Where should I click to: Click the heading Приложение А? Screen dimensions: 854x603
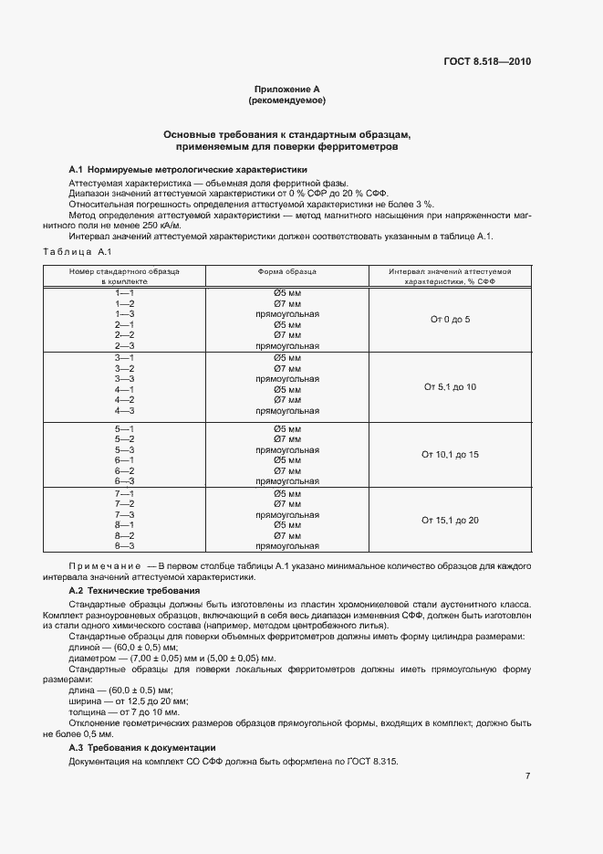pyautogui.click(x=287, y=90)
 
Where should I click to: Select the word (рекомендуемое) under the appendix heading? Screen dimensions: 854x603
pyautogui.click(x=287, y=100)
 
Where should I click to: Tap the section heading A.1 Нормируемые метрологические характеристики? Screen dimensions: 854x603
pyautogui.click(x=188, y=170)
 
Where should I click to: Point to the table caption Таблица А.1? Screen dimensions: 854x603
pyautogui.click(x=78, y=251)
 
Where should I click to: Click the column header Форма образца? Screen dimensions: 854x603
pyautogui.click(x=287, y=272)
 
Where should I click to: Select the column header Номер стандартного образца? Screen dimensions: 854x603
pyautogui.click(x=125, y=272)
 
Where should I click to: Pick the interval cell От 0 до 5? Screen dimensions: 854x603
pyautogui.click(x=450, y=320)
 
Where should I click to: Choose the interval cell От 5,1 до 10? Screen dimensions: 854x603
pyautogui.click(x=450, y=387)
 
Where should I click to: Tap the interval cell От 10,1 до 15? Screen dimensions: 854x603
pyautogui.click(x=450, y=454)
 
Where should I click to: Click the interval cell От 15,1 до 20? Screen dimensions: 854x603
pyautogui.click(x=450, y=520)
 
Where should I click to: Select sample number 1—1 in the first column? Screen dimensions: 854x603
pyautogui.click(x=125, y=292)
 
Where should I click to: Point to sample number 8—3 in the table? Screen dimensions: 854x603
pyautogui.click(x=125, y=546)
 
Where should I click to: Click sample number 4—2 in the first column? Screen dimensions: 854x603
pyautogui.click(x=125, y=400)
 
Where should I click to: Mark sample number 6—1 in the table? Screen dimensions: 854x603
pyautogui.click(x=125, y=460)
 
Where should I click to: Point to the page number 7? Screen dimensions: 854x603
pyautogui.click(x=527, y=776)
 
